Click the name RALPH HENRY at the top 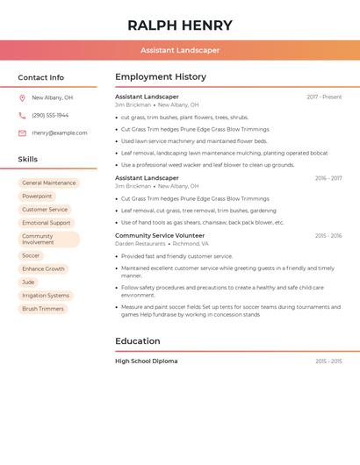point(180,25)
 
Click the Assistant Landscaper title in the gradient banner point(180,50)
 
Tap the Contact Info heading point(40,77)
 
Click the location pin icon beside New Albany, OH point(22,98)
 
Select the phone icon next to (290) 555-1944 point(22,116)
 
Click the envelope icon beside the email point(22,133)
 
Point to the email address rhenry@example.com point(60,133)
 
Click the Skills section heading point(28,159)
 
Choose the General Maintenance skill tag point(49,183)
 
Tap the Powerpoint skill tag point(37,197)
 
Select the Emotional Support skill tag point(47,223)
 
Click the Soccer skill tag point(31,255)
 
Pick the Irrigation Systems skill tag point(46,296)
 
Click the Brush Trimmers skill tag point(43,309)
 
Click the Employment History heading point(161,77)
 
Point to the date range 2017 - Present point(324,97)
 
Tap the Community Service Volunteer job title point(160,236)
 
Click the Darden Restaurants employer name point(140,244)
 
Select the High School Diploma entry point(147,361)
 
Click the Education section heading point(138,341)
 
